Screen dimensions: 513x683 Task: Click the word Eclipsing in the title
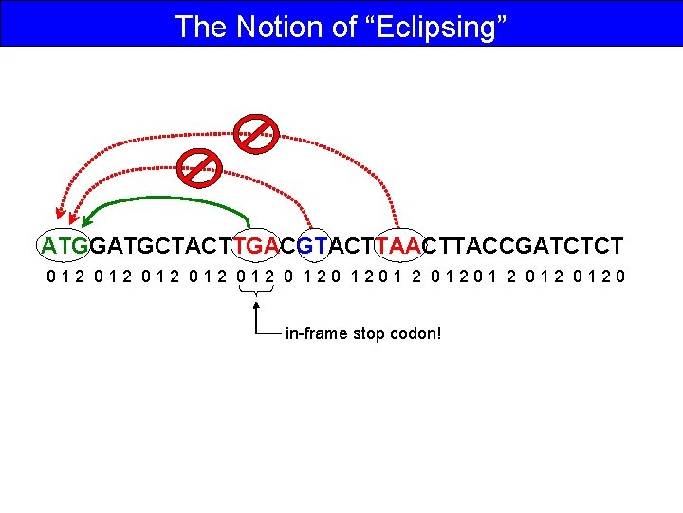[434, 26]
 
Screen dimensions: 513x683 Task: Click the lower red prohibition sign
[199, 165]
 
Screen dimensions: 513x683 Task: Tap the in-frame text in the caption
[317, 333]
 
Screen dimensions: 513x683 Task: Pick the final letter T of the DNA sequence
[617, 246]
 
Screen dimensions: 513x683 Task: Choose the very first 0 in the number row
[52, 278]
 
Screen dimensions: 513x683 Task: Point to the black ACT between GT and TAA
[352, 246]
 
